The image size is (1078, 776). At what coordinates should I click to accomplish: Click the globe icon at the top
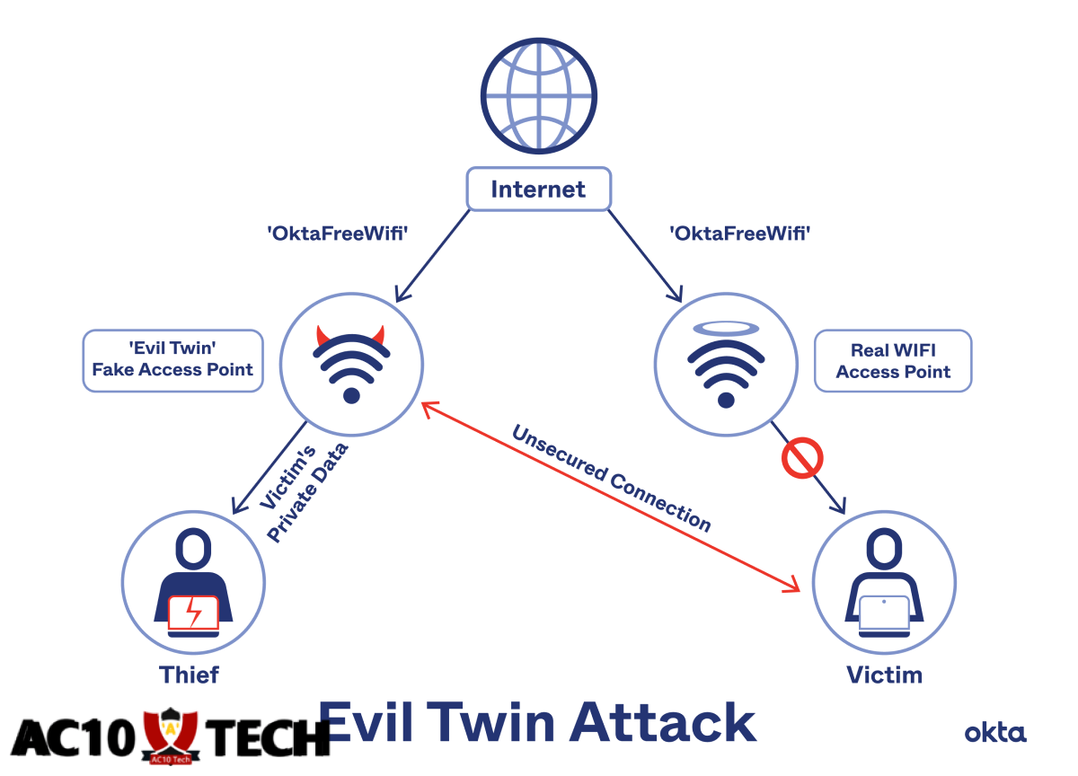538,95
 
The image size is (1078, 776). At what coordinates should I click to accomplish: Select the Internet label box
538,190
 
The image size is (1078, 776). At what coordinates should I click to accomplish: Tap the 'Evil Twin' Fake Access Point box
172,360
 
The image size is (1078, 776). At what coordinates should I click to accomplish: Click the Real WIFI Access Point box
892,360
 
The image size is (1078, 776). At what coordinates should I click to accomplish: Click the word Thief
189,675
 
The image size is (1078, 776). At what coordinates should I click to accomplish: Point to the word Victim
884,675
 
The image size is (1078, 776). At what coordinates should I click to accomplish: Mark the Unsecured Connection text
611,478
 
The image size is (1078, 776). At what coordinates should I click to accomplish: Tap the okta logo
995,733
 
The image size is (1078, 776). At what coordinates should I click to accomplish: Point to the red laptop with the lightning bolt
193,613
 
